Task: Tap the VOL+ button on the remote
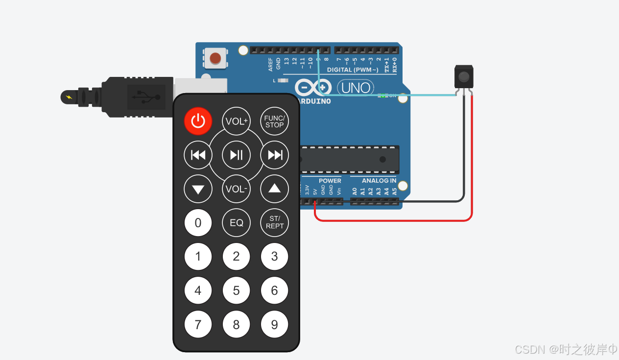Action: [237, 121]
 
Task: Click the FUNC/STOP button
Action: [274, 121]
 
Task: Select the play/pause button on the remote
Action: [237, 155]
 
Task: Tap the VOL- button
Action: [237, 189]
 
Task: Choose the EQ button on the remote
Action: [237, 223]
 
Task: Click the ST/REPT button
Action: [274, 223]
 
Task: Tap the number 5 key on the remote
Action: [237, 290]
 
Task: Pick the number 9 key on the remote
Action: [274, 324]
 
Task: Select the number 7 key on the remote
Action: [198, 324]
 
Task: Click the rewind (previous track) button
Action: [198, 155]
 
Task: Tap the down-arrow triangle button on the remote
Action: [198, 189]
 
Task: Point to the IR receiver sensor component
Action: [464, 76]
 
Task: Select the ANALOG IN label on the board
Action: [379, 181]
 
